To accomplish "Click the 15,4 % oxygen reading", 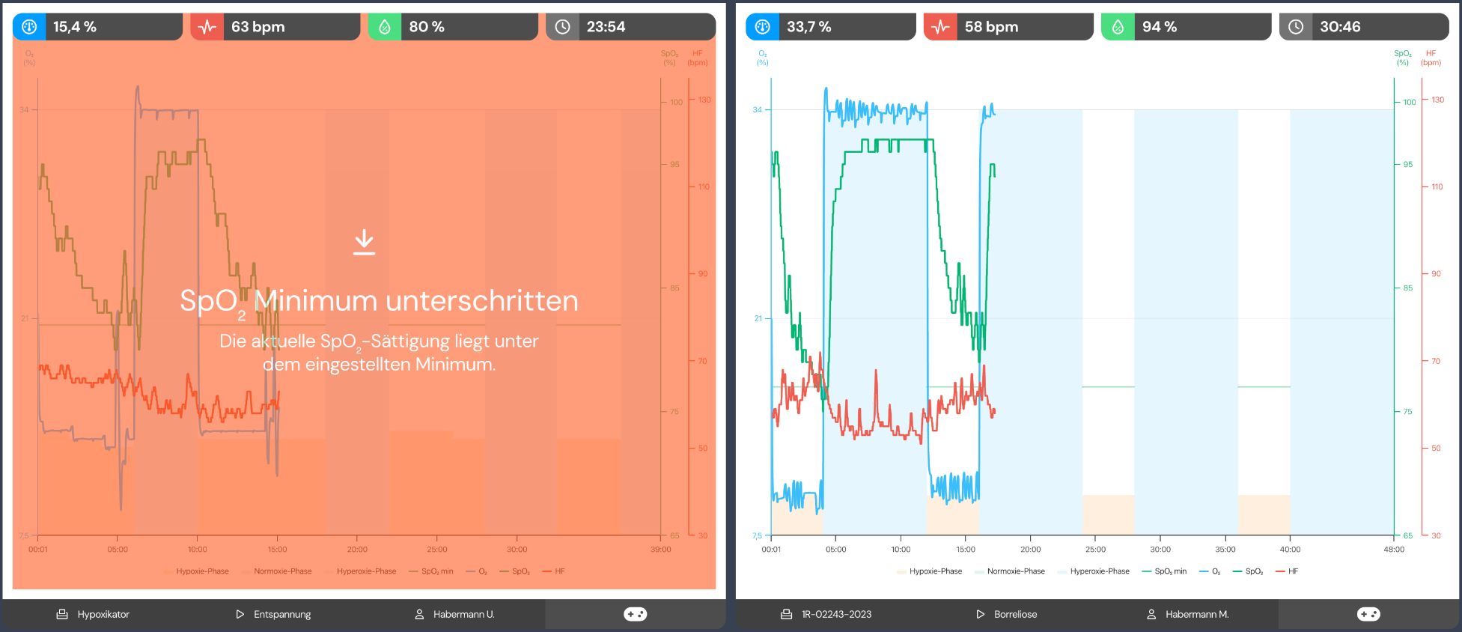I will point(75,27).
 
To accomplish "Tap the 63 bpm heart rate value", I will point(258,27).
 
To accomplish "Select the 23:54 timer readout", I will point(606,27).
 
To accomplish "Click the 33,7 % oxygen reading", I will point(808,27).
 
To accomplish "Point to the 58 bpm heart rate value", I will point(991,27).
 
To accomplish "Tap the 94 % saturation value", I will point(1160,27).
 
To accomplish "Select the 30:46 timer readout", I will point(1340,27).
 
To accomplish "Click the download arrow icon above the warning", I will point(365,242).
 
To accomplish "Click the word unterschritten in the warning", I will point(482,301).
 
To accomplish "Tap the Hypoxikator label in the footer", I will point(103,614).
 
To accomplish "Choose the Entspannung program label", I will point(282,614).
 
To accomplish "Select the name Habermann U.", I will point(463,614).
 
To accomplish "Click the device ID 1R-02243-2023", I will point(836,614).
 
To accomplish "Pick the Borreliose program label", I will point(1015,614).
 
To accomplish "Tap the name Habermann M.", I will point(1197,614).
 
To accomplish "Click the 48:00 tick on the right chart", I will point(1394,549).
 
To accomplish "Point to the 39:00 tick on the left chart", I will point(660,549).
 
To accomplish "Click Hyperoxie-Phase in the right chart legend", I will point(1099,571).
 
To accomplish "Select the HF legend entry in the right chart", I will point(1293,571).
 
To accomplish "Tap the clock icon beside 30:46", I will point(1296,27).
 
